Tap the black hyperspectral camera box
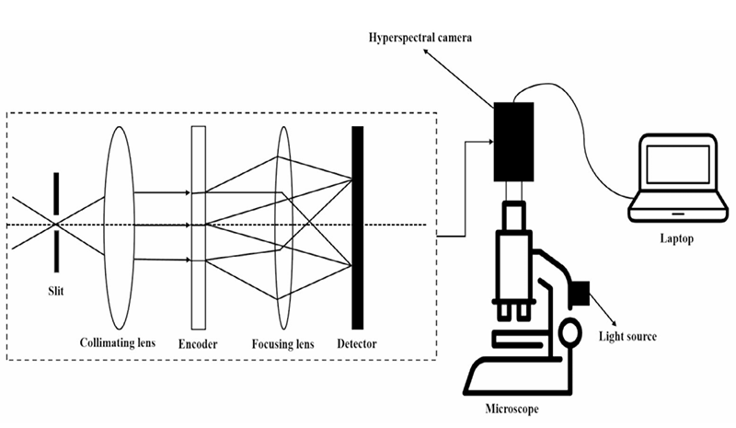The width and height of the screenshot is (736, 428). click(512, 141)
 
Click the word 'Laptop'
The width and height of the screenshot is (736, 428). click(676, 238)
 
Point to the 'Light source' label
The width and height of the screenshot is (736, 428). click(627, 336)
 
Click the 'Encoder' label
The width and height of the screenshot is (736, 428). click(198, 344)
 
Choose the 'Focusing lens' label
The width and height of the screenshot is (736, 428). click(283, 344)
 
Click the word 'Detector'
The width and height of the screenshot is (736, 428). click(357, 344)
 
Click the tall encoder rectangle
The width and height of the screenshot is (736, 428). click(198, 226)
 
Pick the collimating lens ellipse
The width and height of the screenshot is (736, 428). click(119, 226)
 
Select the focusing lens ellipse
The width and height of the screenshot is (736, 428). click(283, 226)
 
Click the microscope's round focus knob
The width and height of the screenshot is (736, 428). click(569, 329)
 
